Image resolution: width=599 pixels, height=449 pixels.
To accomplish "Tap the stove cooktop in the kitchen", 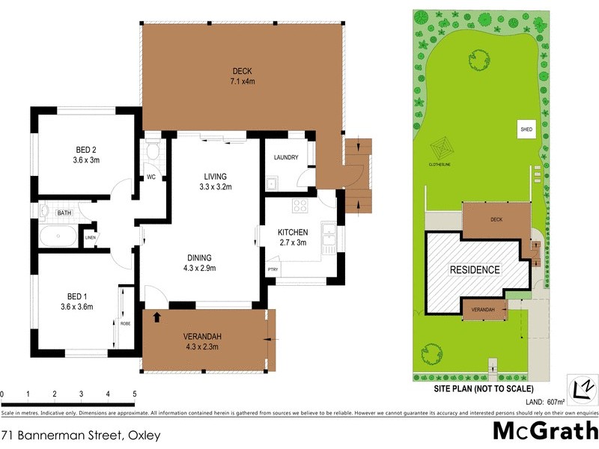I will click(x=301, y=207).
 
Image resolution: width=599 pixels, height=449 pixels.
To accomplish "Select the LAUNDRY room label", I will click(x=286, y=158).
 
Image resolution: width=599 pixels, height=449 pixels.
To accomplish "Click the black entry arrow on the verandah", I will click(x=156, y=317).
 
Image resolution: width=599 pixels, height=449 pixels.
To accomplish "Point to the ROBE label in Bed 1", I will click(x=125, y=323).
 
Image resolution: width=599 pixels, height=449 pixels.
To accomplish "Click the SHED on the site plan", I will click(x=526, y=129).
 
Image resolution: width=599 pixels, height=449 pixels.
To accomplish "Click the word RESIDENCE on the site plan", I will click(x=474, y=269).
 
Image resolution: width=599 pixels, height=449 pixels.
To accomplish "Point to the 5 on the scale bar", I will click(x=135, y=394).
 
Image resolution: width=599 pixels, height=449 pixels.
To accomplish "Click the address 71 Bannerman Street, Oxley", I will click(x=81, y=434).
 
